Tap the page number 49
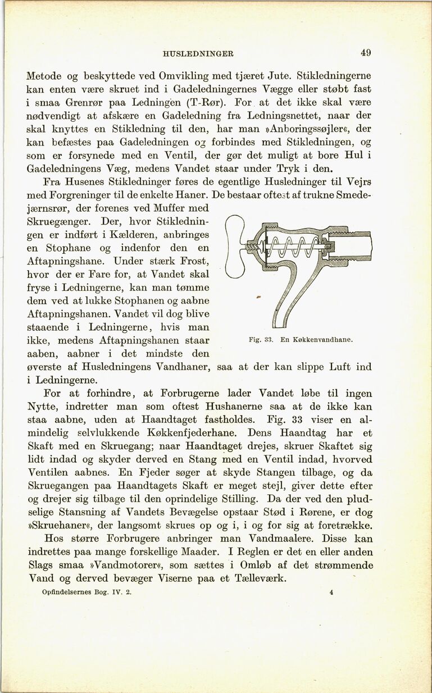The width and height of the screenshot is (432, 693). [x=366, y=53]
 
